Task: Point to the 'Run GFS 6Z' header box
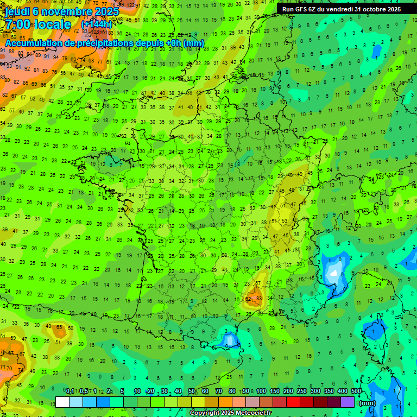341,9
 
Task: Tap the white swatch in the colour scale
62,402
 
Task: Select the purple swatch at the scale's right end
347,402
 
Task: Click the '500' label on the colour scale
356,391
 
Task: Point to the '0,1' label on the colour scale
70,391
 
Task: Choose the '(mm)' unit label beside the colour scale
367,403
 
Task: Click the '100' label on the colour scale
261,391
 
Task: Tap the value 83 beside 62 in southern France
258,299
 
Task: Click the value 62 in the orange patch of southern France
249,299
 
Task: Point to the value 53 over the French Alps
285,220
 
